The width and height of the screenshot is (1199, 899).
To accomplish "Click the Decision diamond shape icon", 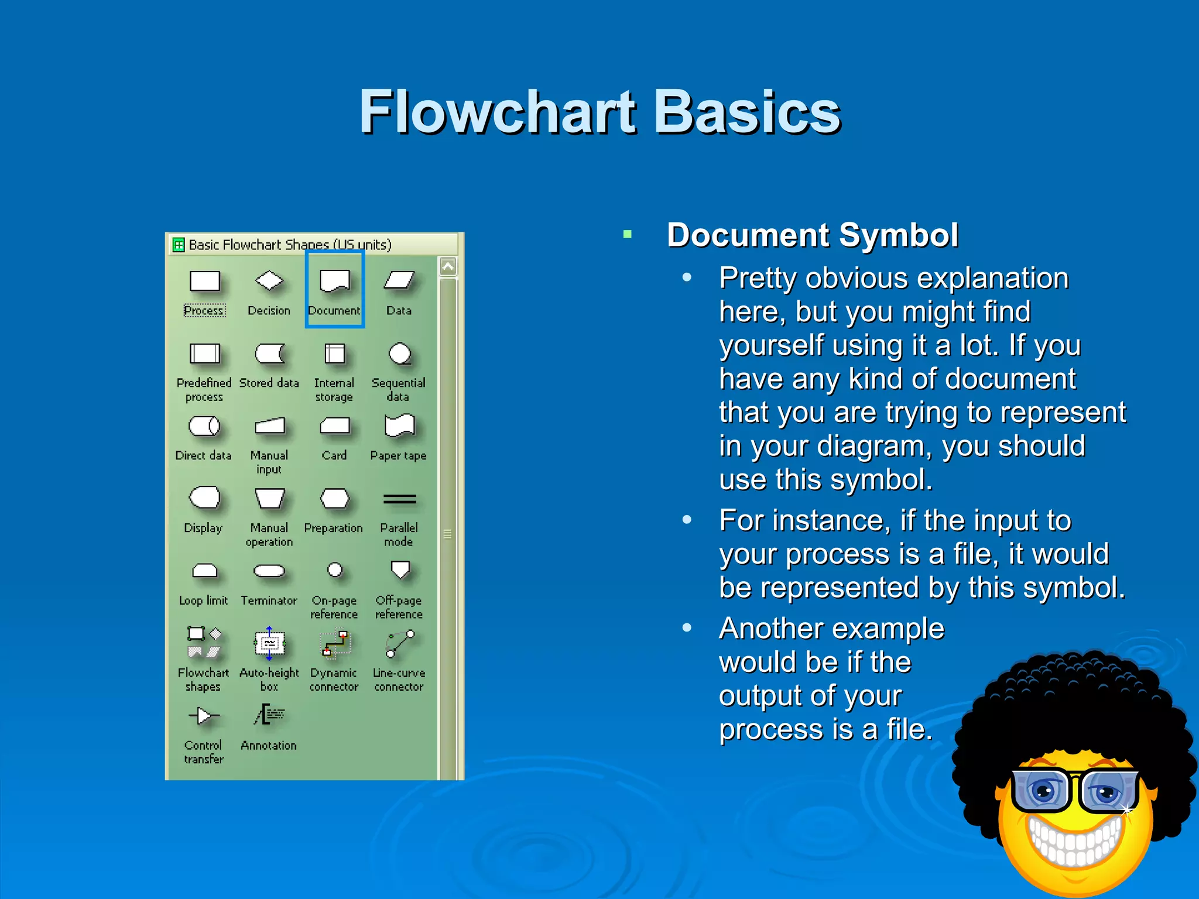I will (x=269, y=280).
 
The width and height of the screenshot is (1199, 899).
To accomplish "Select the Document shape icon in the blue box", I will (x=335, y=281).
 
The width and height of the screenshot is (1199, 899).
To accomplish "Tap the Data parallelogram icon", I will (x=399, y=280).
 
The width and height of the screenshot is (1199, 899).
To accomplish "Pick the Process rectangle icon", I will (x=204, y=281).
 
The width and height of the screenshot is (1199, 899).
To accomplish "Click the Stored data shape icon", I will (x=269, y=354).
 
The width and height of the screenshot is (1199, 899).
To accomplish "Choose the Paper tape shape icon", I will (x=399, y=426).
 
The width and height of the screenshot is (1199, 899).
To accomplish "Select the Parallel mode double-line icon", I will (x=399, y=499).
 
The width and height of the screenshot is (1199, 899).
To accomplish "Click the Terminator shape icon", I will (x=269, y=571).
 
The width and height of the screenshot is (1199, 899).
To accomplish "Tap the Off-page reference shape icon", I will (x=400, y=569).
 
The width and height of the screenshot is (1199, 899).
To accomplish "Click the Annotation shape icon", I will (x=269, y=715).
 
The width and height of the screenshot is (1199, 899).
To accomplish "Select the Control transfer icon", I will (x=204, y=716).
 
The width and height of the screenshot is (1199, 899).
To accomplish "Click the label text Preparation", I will (x=334, y=528).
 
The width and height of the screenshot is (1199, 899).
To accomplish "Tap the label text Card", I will (x=334, y=455).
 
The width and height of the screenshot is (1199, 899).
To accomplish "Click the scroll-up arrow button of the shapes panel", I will (x=448, y=267).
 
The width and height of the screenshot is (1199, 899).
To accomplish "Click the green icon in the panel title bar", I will (x=179, y=245).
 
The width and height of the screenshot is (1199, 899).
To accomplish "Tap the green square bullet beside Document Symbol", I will (x=628, y=235).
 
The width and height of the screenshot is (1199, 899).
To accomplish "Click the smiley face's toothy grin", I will (x=1075, y=840).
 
